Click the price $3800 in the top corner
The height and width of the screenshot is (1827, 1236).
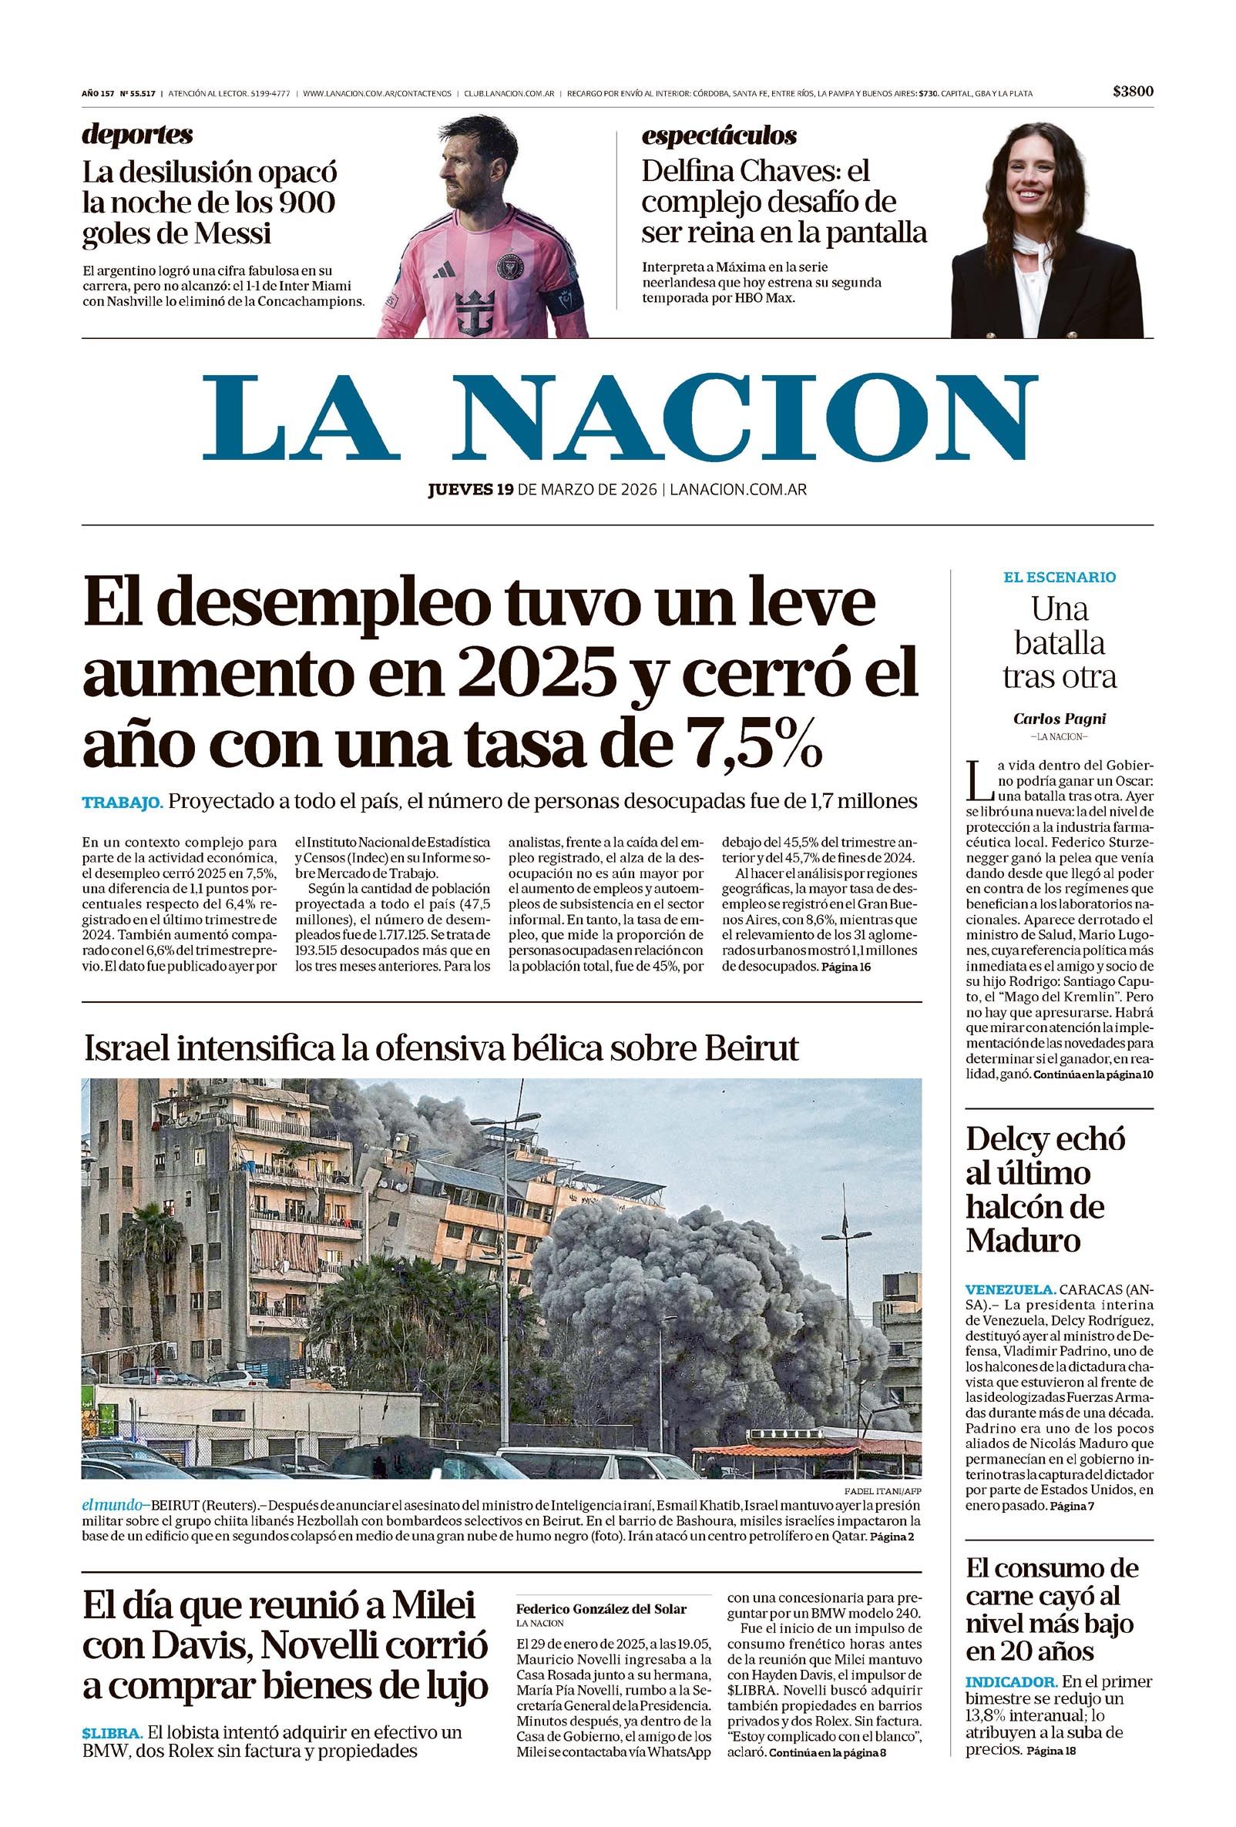tap(1133, 92)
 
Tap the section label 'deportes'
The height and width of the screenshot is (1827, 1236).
tap(137, 136)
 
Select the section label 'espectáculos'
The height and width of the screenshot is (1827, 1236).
tap(719, 136)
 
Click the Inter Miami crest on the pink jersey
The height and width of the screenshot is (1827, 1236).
tap(510, 266)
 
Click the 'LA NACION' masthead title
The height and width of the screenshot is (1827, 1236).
tap(619, 417)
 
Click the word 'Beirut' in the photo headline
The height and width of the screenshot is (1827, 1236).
tap(751, 1049)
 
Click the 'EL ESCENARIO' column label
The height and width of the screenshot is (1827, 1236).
tap(1058, 577)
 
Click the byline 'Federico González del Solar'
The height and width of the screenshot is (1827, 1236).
tap(601, 1608)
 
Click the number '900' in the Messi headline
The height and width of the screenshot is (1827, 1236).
tap(306, 203)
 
